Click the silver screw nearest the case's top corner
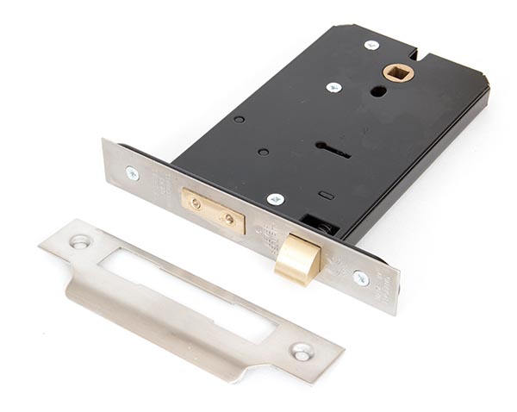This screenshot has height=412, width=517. tap(372, 45)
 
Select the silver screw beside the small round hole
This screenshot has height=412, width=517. tap(333, 87)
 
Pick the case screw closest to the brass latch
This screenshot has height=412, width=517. tap(276, 199)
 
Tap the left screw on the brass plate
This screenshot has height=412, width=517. tap(196, 204)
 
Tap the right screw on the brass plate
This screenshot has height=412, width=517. tap(228, 219)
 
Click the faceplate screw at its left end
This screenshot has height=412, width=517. tap(132, 173)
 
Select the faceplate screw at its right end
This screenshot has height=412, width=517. tap(361, 278)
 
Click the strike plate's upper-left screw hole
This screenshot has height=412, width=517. tap(80, 242)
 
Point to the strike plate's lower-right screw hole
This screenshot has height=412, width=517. tap(302, 352)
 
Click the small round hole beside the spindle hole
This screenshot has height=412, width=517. tap(378, 91)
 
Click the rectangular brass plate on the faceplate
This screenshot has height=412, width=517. tap(212, 212)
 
